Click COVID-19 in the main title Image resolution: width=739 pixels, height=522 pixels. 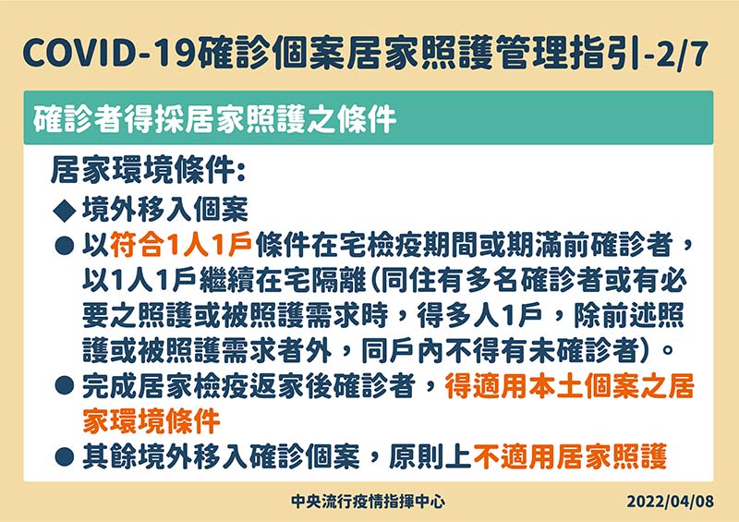click(x=109, y=54)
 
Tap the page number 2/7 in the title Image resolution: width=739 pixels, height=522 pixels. click(x=682, y=54)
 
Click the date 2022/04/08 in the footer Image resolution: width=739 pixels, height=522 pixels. click(x=671, y=502)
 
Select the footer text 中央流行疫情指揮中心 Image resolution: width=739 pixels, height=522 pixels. click(x=368, y=502)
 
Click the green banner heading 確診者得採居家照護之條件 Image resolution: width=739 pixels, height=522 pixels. click(x=214, y=119)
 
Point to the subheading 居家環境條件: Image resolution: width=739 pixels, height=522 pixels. click(x=148, y=170)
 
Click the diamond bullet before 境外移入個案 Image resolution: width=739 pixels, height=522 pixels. click(x=65, y=210)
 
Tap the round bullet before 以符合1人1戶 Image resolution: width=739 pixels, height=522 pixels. click(x=65, y=246)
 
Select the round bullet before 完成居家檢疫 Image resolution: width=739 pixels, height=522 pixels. click(x=65, y=385)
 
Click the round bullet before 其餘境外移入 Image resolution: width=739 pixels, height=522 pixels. click(x=65, y=456)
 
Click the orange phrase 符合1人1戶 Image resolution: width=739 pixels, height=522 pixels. click(x=181, y=245)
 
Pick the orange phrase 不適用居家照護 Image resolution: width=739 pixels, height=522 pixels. click(x=570, y=456)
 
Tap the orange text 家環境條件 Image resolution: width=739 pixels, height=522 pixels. click(x=151, y=420)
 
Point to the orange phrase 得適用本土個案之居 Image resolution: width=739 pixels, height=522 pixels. click(x=570, y=385)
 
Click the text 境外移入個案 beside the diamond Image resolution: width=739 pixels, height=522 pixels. click(x=165, y=210)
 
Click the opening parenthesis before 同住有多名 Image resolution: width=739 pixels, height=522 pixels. click(x=374, y=281)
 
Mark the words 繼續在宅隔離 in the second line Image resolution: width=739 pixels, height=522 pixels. click(x=283, y=281)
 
